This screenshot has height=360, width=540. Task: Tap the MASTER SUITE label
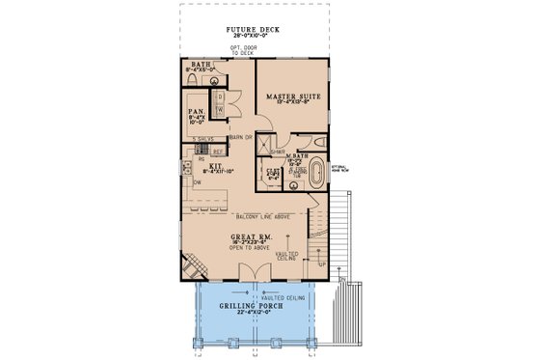tap(289, 95)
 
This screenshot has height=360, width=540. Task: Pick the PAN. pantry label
tap(195, 112)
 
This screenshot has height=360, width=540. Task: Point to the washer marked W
tap(220, 109)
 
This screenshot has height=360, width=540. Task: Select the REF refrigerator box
tap(218, 152)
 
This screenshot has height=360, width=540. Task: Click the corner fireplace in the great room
tap(192, 265)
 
